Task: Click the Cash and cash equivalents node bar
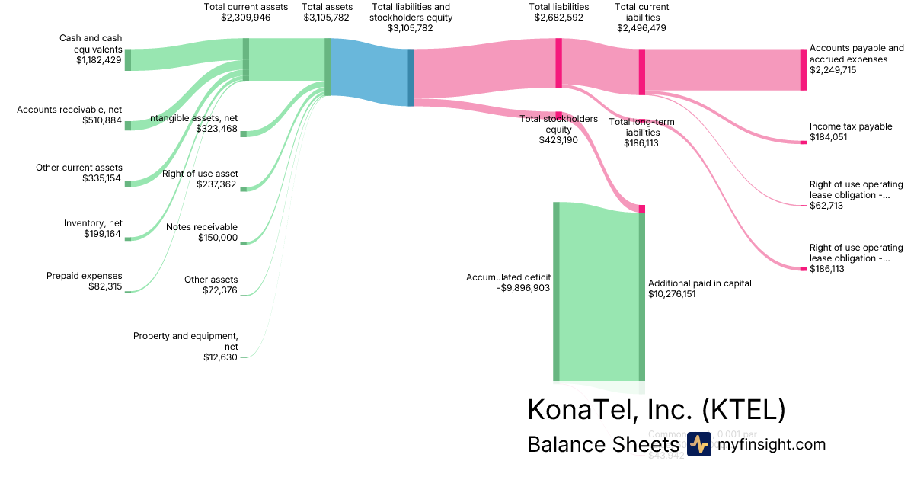128,59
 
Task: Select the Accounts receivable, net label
69,110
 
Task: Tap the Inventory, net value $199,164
103,234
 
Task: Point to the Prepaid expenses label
84,276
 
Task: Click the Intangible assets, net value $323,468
216,129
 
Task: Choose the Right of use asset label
200,174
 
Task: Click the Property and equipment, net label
186,341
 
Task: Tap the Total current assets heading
246,7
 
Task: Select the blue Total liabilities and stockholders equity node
411,77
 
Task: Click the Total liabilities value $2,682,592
558,18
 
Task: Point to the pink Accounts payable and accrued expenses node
803,69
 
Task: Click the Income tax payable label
850,126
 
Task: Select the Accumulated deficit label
508,277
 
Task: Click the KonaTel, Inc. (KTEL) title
656,410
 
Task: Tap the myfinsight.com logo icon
698,445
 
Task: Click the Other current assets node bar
128,184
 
